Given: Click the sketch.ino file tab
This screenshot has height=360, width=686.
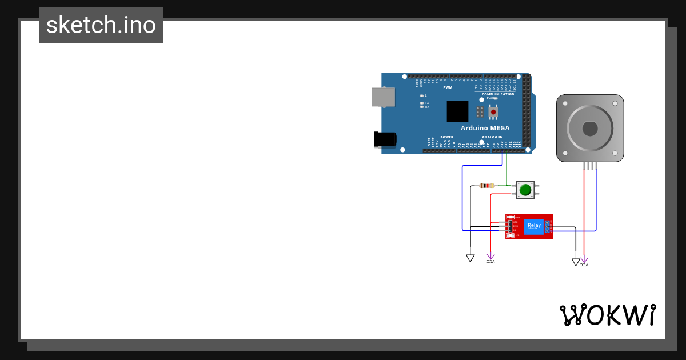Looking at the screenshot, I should click(101, 25).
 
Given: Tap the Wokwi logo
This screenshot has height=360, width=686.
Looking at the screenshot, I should click(607, 315).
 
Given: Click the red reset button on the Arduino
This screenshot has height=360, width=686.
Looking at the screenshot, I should click(493, 112).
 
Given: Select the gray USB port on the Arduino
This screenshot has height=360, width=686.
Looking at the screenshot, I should click(383, 97).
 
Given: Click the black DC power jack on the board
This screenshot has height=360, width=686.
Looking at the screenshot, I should click(385, 139).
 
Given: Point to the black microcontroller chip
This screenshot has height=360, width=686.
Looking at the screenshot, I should click(457, 111).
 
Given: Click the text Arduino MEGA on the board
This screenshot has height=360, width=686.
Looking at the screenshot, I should click(485, 128).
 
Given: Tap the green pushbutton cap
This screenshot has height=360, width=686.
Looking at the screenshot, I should click(525, 189).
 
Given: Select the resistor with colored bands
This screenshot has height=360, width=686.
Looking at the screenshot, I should click(487, 185).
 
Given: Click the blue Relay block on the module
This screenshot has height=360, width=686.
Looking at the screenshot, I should click(534, 226).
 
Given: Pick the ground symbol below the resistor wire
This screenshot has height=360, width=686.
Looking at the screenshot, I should click(470, 258).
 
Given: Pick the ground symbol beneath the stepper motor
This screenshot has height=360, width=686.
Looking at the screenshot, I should click(576, 262).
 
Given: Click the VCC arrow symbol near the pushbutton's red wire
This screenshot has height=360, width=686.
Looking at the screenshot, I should click(490, 258).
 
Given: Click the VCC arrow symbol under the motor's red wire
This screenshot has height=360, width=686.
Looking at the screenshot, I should click(584, 262).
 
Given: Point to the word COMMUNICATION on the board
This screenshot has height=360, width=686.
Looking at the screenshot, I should click(498, 94).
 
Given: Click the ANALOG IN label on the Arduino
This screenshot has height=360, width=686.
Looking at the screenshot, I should click(492, 137).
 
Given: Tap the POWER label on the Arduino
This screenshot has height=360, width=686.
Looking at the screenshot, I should click(446, 137).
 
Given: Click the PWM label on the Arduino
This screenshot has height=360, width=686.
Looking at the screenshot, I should click(448, 87).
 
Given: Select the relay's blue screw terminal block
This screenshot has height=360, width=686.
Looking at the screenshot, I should click(548, 226).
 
